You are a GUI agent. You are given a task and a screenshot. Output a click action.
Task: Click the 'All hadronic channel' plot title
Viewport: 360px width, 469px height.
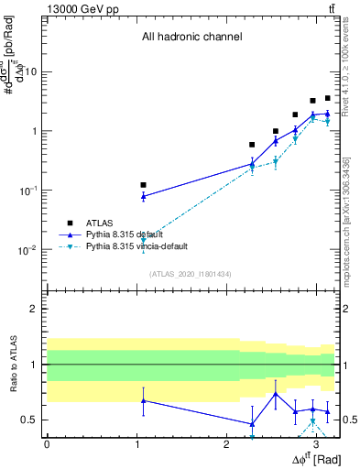tap(191, 38)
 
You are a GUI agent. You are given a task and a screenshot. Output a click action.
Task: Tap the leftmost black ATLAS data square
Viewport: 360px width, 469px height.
tap(143, 185)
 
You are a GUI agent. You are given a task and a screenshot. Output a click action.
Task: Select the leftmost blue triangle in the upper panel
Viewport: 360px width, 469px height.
tap(143, 196)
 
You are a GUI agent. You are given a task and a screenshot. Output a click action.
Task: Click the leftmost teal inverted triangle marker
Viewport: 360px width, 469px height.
tap(143, 240)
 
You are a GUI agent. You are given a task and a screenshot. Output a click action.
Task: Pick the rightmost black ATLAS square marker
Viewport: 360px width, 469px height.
tap(327, 98)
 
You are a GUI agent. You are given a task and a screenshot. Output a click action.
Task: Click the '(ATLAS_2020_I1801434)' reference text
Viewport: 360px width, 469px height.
tap(191, 274)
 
